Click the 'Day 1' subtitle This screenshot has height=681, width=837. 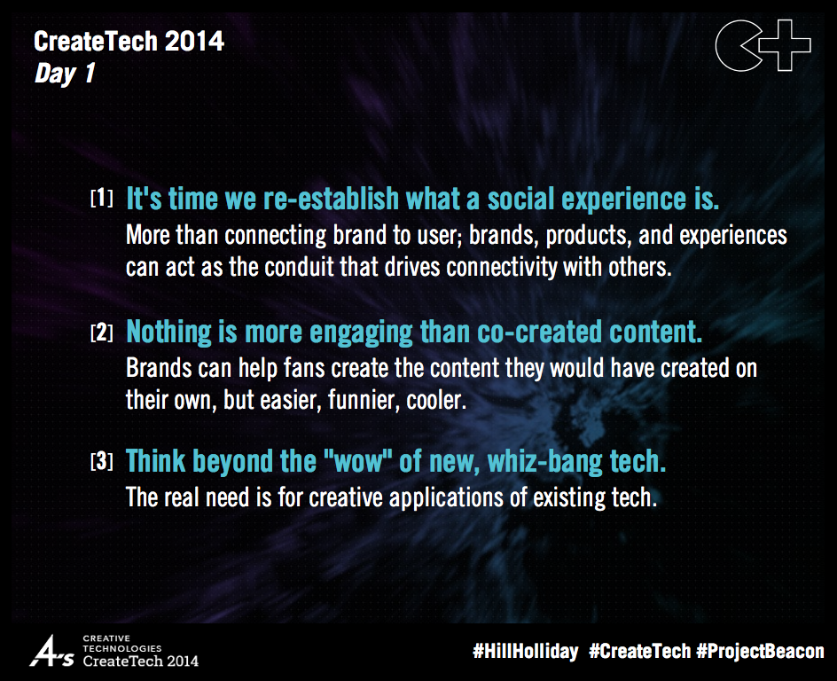click(x=64, y=74)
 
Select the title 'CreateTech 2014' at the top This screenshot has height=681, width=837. click(x=129, y=41)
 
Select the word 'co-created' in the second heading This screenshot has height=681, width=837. click(x=528, y=333)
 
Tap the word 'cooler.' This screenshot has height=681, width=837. click(x=435, y=401)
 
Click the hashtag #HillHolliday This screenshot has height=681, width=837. click(x=526, y=651)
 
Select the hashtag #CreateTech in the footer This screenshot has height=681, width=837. click(x=639, y=651)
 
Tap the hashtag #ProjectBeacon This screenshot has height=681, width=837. click(x=760, y=651)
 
